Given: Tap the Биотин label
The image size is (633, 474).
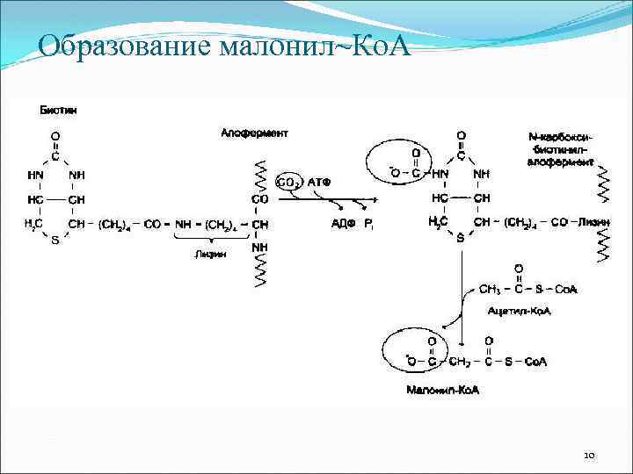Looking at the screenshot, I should click(57, 110).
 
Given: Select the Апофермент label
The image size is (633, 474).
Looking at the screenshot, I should click(254, 133).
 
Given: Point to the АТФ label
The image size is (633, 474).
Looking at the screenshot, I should click(318, 182).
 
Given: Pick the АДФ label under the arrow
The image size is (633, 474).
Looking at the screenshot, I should click(342, 224).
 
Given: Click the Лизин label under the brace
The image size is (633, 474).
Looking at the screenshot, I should click(211, 255).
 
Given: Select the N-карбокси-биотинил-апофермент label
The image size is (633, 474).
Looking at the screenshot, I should click(562, 150).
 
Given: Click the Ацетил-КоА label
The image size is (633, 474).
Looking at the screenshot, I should click(519, 311).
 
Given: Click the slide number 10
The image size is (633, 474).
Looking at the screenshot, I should click(589, 455).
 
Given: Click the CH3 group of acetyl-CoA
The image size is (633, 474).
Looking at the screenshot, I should click(489, 289).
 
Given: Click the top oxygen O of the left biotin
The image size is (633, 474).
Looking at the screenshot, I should click(55, 136).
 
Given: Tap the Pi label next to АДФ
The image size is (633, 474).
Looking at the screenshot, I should click(370, 224).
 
